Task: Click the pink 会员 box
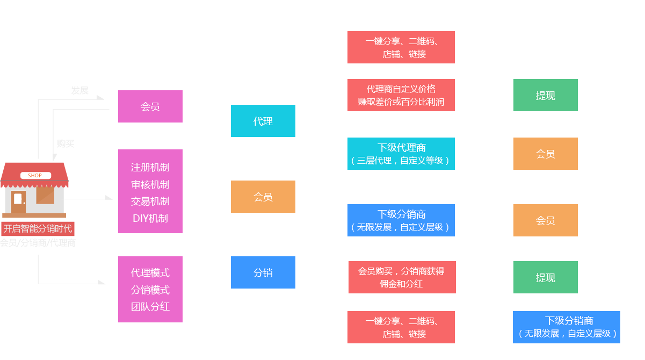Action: (150, 106)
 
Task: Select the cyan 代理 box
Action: (263, 121)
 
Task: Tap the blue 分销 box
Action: (263, 272)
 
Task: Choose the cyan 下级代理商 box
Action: (401, 153)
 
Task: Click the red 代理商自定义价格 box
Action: (401, 95)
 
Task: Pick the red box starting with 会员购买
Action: (402, 277)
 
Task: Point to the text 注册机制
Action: (150, 167)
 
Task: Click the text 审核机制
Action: (150, 184)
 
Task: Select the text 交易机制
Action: (150, 201)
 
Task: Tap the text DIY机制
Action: (150, 218)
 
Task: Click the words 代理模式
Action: (150, 272)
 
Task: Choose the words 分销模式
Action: (150, 290)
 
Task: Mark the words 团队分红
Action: (150, 306)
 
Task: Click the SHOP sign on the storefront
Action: (35, 176)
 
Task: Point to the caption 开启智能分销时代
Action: (38, 228)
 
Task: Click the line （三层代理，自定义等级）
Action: (401, 160)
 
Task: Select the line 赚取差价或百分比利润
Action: (401, 102)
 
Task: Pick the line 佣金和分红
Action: (401, 284)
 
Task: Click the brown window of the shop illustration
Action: (45, 195)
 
